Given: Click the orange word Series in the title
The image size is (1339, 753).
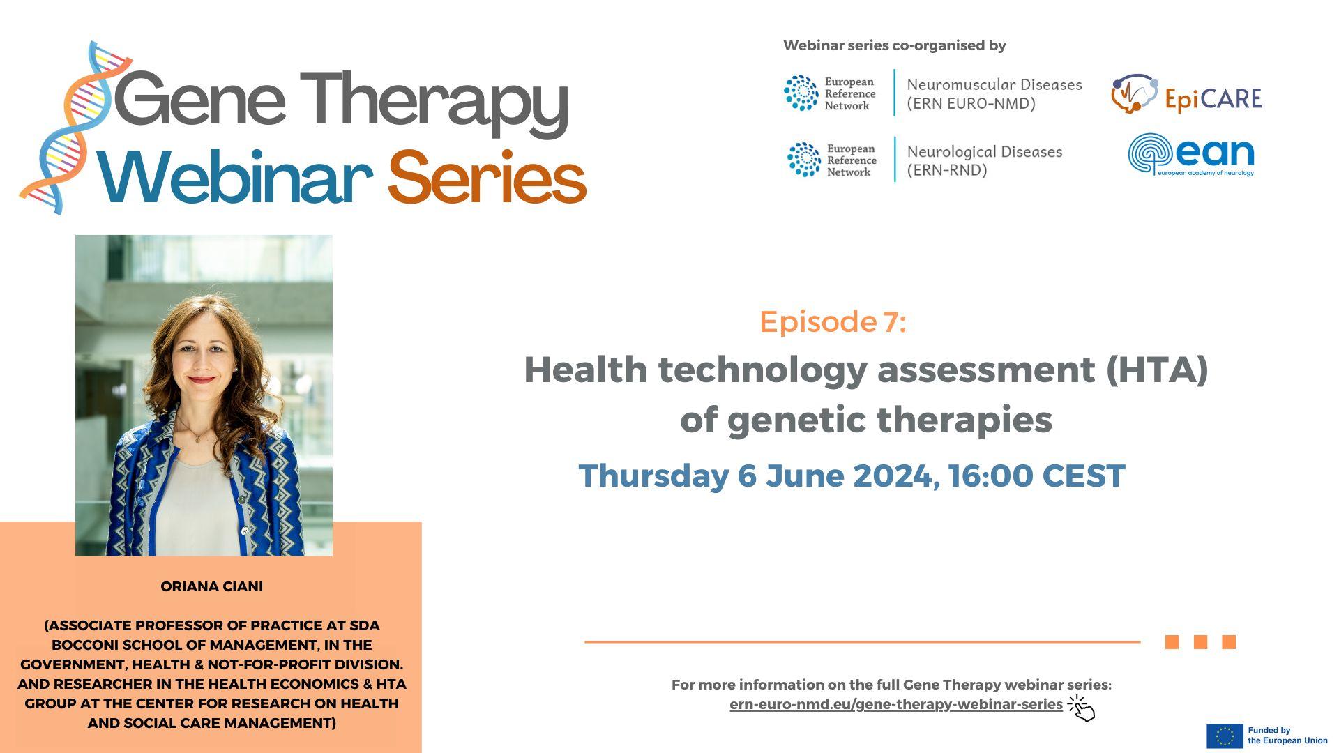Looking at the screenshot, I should coord(486,178).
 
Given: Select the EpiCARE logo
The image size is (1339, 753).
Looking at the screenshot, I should coord(1186,96).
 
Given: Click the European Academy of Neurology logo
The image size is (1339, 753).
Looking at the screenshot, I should coord(1190,155).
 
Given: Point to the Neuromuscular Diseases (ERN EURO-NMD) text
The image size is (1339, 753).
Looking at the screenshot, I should coord(994,94).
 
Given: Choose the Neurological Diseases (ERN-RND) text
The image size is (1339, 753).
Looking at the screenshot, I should coord(984,161).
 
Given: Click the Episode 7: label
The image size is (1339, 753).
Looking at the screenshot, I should coord(833,321).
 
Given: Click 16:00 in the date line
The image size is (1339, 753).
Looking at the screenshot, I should coord(990,476).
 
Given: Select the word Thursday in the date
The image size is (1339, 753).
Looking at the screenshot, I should coord(653,476).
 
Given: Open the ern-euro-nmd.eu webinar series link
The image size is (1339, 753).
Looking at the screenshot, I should coord(895,704).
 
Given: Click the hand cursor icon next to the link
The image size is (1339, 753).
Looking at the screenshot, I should coord(1082,708).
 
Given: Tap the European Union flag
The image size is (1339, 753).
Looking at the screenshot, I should coord(1225,736).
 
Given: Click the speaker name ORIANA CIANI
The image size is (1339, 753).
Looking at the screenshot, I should coord(211,586).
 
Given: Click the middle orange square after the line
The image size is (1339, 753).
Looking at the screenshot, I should coord(1200,642).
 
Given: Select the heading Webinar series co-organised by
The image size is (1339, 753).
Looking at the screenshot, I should coord(894,46).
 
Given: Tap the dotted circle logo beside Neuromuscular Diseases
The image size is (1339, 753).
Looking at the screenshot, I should coord(801,93).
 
